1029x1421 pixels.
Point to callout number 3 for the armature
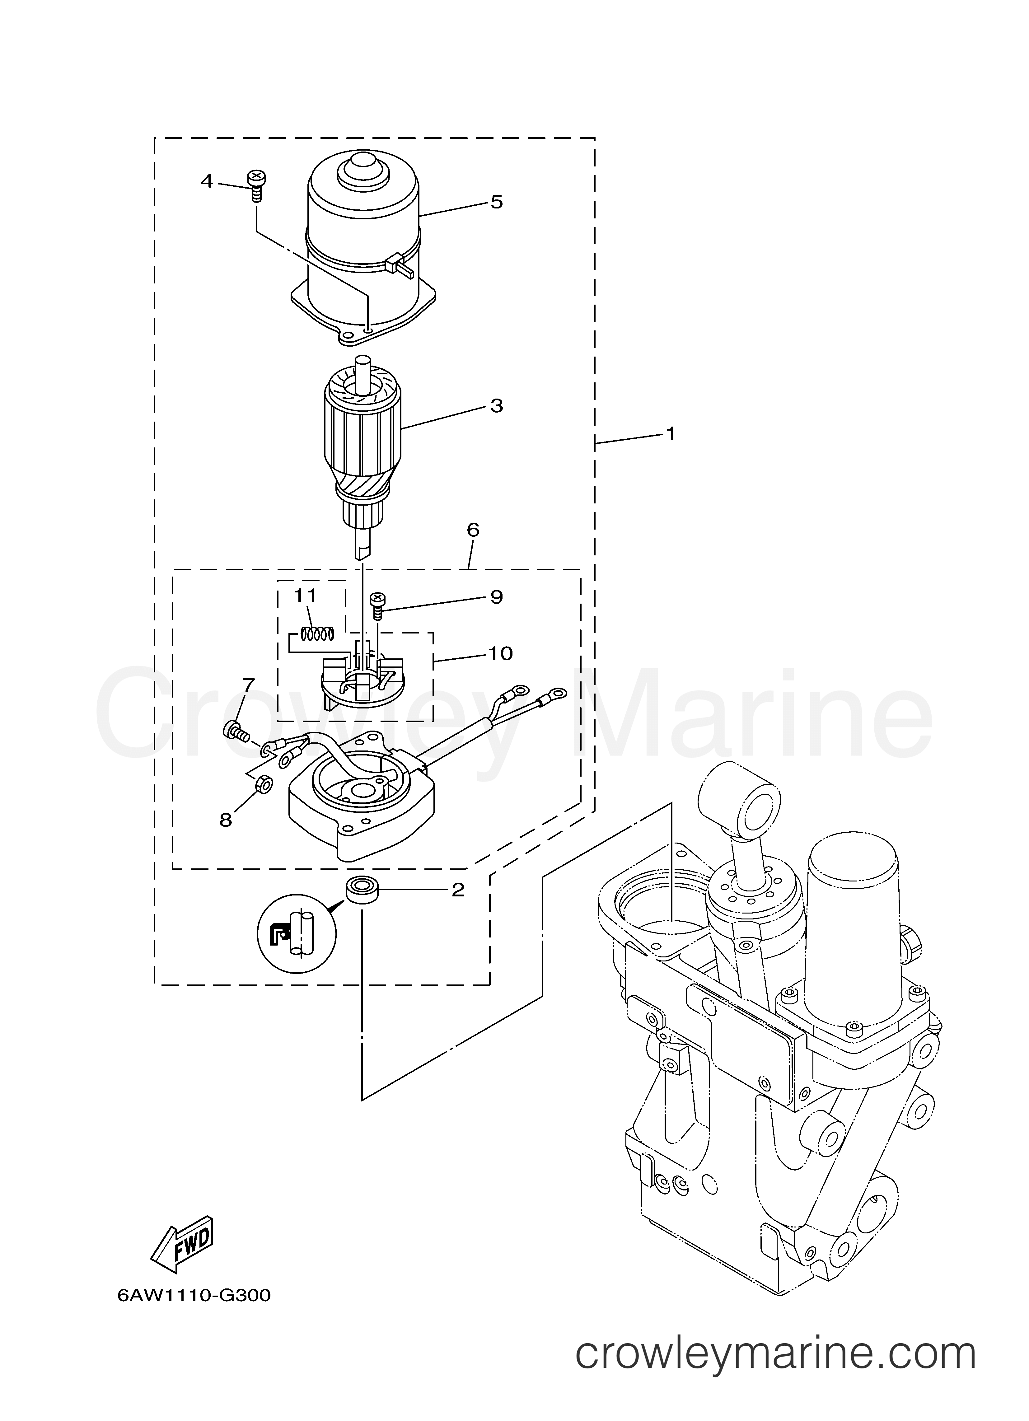(496, 406)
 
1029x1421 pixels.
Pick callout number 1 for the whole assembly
(671, 433)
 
